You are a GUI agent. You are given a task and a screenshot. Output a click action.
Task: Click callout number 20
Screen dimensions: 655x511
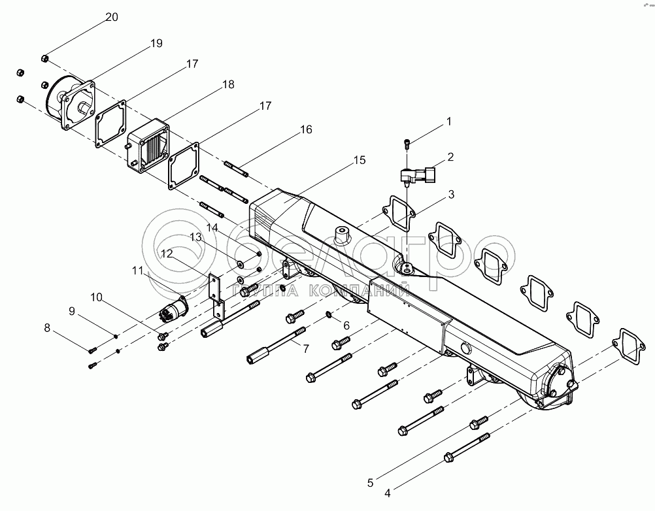click(x=112, y=17)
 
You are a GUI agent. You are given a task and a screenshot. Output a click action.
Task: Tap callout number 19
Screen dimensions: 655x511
click(x=156, y=43)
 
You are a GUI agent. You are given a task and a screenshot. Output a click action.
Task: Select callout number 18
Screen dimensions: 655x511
click(x=229, y=84)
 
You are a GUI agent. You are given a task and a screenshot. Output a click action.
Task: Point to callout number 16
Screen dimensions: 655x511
click(x=306, y=130)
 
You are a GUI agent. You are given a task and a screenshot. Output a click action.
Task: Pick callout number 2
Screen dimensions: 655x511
click(x=450, y=157)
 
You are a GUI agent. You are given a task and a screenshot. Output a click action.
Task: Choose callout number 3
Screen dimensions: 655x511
click(x=451, y=195)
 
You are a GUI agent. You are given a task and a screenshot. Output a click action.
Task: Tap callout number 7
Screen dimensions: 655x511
click(x=306, y=348)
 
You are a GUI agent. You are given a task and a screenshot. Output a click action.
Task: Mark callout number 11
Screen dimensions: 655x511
click(x=137, y=271)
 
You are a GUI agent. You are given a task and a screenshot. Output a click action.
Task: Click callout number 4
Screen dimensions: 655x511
click(x=387, y=493)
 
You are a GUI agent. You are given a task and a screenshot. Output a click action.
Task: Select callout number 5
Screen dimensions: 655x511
click(x=370, y=483)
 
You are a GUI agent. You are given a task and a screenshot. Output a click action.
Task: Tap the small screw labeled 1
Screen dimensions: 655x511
click(x=407, y=144)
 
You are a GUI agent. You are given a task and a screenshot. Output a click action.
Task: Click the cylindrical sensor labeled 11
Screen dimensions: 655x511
click(x=174, y=310)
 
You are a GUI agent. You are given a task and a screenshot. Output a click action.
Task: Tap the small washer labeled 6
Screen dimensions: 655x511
click(x=329, y=314)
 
